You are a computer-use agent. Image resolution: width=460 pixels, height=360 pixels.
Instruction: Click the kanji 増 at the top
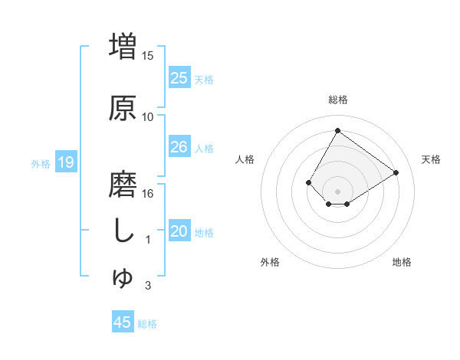click(123, 44)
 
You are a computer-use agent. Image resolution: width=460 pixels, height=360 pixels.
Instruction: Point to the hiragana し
click(123, 231)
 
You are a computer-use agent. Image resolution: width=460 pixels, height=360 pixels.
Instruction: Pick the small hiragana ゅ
click(123, 280)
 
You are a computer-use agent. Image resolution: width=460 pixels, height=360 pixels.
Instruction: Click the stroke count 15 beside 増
click(148, 55)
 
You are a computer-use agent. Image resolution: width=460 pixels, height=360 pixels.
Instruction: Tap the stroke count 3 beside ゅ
click(148, 286)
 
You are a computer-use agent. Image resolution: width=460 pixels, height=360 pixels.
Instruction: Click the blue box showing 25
click(179, 77)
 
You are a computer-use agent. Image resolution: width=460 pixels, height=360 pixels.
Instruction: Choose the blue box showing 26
click(179, 147)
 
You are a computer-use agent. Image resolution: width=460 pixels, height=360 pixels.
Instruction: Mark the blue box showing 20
click(179, 231)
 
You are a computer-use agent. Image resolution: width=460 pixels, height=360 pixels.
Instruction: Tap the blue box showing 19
click(65, 162)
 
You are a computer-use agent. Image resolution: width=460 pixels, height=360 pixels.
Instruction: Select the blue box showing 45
click(122, 322)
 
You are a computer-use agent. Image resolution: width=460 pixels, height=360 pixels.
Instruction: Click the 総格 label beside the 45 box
click(147, 324)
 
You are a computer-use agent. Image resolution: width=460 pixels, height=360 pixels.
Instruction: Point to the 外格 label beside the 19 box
click(41, 163)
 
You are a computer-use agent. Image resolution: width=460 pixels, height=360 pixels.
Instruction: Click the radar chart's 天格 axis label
click(431, 159)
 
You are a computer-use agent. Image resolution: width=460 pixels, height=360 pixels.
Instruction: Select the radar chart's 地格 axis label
click(402, 262)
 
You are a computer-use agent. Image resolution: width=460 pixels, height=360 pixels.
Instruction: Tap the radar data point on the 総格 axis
click(337, 131)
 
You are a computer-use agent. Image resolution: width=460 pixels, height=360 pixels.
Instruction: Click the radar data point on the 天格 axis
click(396, 172)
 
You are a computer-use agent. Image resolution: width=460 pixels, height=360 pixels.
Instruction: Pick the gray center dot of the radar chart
click(337, 191)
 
